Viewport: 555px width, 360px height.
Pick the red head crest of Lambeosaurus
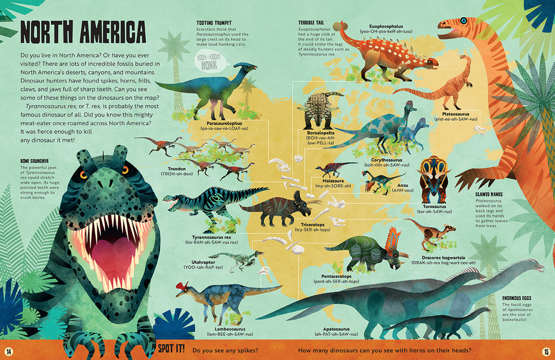click(182, 286)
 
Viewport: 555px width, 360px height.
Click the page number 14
click(9, 350)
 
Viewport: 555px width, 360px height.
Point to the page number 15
click(546, 350)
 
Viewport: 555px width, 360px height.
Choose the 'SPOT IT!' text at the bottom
click(171, 350)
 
